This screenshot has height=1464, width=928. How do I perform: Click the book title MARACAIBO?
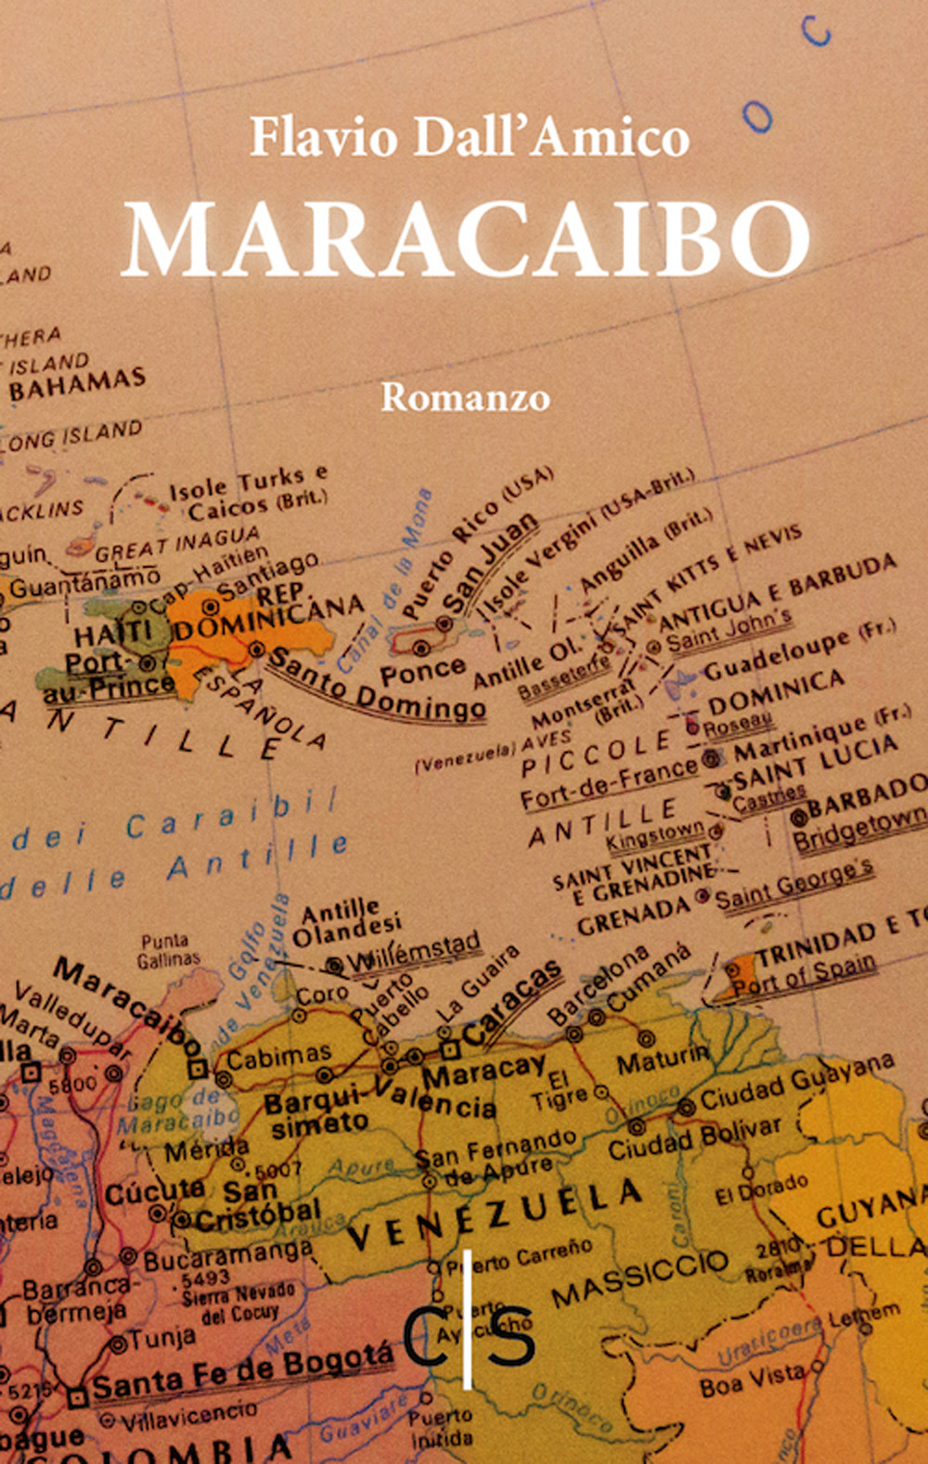pyautogui.click(x=466, y=238)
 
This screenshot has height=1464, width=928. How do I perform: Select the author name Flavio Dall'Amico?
pyautogui.click(x=470, y=137)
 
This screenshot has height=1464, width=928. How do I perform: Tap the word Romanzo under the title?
pyautogui.click(x=465, y=397)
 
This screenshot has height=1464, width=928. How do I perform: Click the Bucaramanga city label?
pyautogui.click(x=228, y=1254)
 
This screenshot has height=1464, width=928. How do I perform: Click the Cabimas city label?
pyautogui.click(x=278, y=1056)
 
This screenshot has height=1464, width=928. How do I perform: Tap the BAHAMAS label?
pyautogui.click(x=78, y=384)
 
